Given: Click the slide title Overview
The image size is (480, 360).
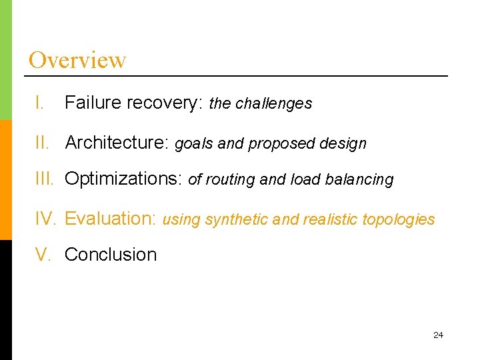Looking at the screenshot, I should click(x=77, y=60).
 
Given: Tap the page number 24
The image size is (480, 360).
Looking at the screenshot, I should click(x=438, y=335).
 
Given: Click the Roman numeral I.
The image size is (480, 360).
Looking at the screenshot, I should click(x=40, y=103).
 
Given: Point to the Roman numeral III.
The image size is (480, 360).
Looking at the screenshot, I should click(x=45, y=179).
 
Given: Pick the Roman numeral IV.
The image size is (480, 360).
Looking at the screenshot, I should click(x=45, y=219).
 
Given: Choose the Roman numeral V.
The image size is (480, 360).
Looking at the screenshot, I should click(x=42, y=254).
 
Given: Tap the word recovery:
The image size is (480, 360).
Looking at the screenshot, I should click(x=165, y=103).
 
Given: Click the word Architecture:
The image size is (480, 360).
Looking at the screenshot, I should click(x=118, y=143).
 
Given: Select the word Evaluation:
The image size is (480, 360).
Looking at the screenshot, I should click(x=111, y=219).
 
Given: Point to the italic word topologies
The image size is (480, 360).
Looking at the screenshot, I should click(x=399, y=219).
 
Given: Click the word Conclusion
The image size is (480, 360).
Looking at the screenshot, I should click(x=111, y=254).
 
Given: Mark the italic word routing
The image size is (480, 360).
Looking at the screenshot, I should click(x=229, y=180).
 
